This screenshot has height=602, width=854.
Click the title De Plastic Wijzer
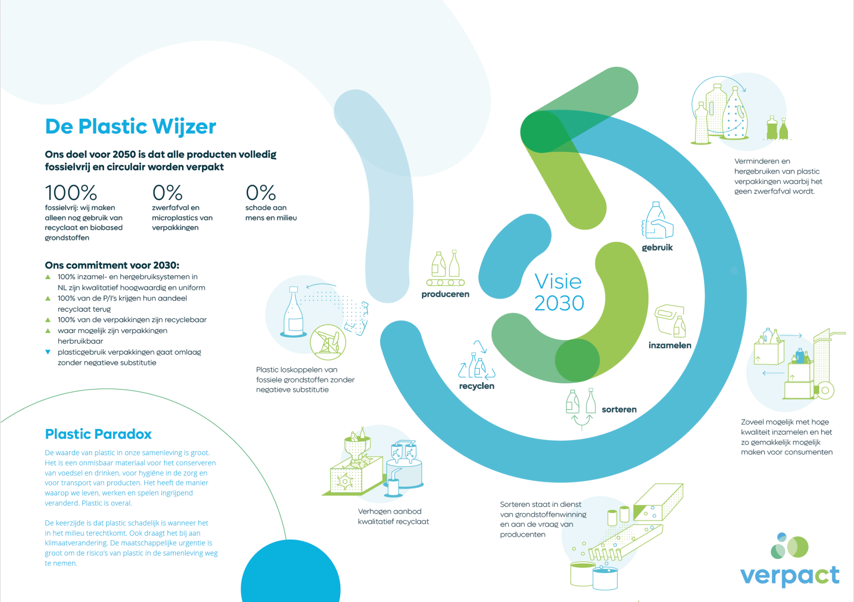[x=131, y=126]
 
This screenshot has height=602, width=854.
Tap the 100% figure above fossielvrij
[x=71, y=193]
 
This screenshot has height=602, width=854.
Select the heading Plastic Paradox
[x=98, y=434]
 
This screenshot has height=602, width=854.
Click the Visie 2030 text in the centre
[x=559, y=292]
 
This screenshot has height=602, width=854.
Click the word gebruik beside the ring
[x=657, y=247]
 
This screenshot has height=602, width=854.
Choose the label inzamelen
[x=670, y=345]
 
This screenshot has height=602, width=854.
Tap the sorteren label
[x=619, y=409]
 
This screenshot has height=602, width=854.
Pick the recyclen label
[x=477, y=386]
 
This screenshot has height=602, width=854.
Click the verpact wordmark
[x=790, y=575]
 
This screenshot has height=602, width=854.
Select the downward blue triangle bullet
[x=48, y=352]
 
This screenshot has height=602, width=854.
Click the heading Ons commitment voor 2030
[x=112, y=265]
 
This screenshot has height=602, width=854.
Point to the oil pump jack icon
[x=328, y=342]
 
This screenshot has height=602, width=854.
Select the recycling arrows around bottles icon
[x=477, y=360]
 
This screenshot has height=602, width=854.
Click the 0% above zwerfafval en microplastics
[x=167, y=193]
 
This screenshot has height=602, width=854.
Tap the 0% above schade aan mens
[x=261, y=193]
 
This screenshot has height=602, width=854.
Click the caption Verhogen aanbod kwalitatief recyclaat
[x=394, y=516]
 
